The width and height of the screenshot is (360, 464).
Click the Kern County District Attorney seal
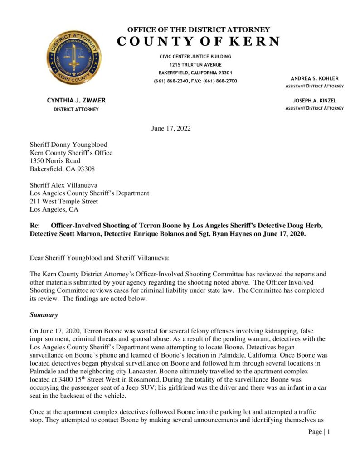(x=73, y=58)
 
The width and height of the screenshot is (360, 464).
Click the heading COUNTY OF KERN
(x=199, y=41)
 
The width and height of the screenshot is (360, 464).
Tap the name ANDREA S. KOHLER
(x=314, y=78)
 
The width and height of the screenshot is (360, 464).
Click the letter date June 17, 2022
(x=171, y=128)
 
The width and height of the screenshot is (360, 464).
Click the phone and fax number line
(x=195, y=81)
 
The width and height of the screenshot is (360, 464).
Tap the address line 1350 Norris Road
(x=55, y=161)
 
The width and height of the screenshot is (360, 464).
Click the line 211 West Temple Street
(x=63, y=201)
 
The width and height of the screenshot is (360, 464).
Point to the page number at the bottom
(x=319, y=432)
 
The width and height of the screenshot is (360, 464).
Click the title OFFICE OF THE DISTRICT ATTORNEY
(x=199, y=29)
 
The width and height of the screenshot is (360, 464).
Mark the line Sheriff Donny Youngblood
(x=68, y=145)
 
